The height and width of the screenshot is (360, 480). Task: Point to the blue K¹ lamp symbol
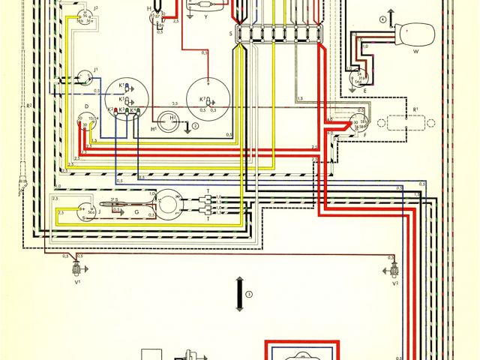(126, 88)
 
